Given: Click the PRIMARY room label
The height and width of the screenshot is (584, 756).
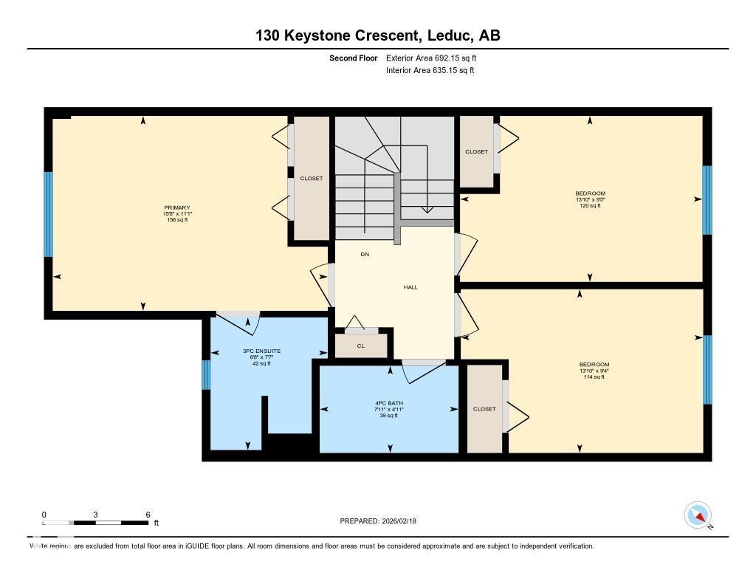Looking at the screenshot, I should point(177,208).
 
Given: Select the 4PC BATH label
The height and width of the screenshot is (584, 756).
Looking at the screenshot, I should point(388,403).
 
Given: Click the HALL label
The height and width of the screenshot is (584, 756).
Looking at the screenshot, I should point(410,287).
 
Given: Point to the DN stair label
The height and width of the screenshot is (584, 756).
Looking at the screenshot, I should point(365,254).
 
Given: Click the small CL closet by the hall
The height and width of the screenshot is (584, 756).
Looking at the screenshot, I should point(361,346).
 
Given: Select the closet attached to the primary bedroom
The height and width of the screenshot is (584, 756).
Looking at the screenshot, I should point(311,178).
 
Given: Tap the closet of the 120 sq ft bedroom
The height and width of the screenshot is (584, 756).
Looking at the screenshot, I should point(476,151).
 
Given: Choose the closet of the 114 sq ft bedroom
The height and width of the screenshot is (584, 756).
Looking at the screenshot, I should point(484,408).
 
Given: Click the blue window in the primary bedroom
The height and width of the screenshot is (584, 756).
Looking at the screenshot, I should point(49,214).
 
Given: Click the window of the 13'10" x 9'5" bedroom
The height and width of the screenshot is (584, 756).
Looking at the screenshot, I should point(707,199).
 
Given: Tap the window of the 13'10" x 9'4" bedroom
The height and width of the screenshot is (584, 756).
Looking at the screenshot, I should point(707,369).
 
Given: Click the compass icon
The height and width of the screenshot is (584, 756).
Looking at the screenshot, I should point(698,515).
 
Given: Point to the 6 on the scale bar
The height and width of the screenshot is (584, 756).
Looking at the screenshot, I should point(148,515).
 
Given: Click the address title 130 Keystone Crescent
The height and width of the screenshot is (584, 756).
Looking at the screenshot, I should point(377,35).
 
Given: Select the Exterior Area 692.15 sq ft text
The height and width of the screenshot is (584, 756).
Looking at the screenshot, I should point(436,58).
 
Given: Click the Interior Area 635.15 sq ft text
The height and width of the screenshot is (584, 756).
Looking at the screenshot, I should point(430,71).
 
